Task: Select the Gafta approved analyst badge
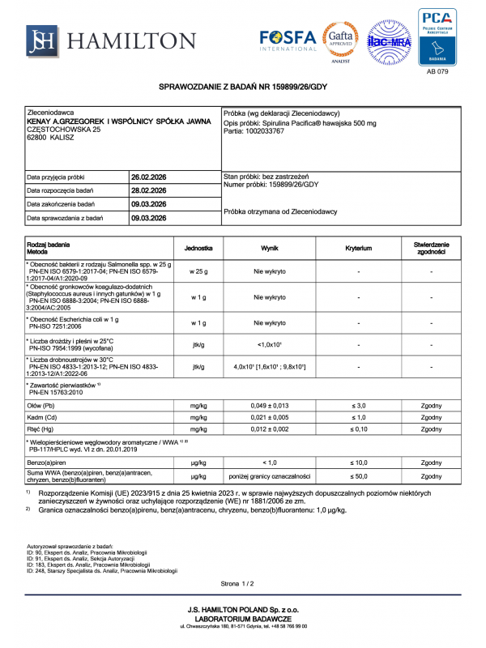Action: coord(341,40)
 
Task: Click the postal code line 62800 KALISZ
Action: coord(51,138)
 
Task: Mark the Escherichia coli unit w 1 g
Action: coord(198,322)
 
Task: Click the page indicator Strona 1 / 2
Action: coord(237,583)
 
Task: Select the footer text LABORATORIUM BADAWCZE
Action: coord(243,617)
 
